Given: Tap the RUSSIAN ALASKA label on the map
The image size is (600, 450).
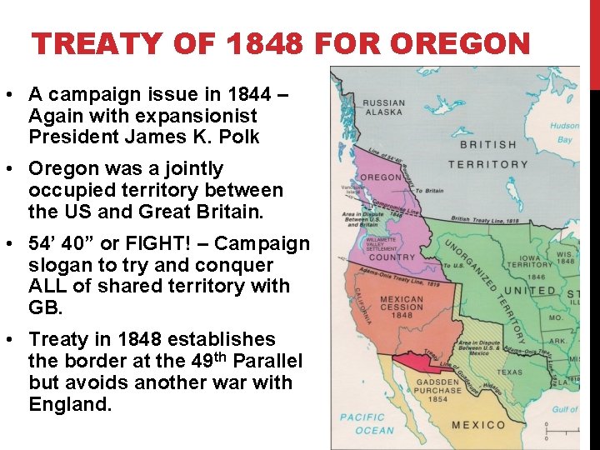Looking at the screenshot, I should coord(382,107).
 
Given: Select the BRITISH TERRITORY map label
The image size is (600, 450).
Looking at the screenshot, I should coord(487,154).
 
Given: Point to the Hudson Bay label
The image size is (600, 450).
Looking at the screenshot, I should coord(565,133).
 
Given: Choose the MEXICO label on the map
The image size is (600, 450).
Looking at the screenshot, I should coord(478,425).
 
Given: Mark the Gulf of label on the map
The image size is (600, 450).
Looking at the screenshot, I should coord(564,409).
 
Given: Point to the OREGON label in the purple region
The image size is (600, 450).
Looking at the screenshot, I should coord(380,177).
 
